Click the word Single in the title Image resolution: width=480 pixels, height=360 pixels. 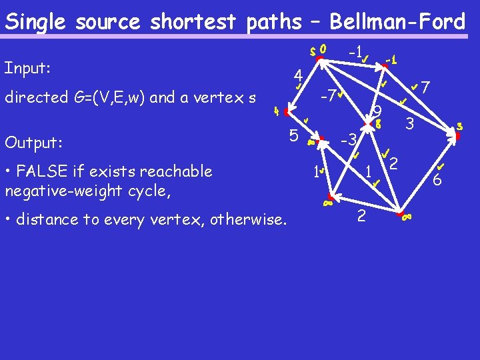click(x=37, y=22)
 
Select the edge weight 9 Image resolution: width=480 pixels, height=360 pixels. click(x=377, y=112)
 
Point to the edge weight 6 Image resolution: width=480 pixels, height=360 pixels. click(x=437, y=180)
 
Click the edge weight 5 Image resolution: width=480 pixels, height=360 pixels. click(x=293, y=135)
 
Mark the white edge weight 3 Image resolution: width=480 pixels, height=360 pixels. click(x=410, y=123)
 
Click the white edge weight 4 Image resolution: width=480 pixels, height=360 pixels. click(x=300, y=74)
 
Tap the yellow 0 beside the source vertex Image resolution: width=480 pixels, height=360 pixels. click(x=323, y=49)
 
